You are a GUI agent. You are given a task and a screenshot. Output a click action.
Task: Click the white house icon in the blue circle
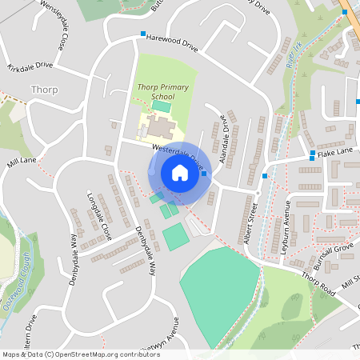coord(179,173)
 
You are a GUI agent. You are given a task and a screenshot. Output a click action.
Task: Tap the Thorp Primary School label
coord(162,91)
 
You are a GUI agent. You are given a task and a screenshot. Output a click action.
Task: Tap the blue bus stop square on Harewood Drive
coord(142,34)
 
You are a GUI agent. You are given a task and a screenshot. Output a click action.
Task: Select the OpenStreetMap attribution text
coord(80,354)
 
